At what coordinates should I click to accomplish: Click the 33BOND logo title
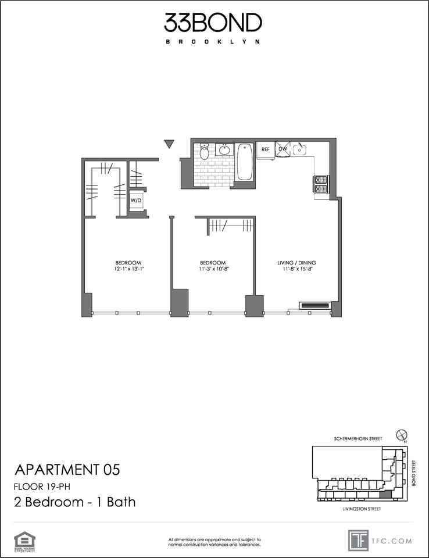click(213, 23)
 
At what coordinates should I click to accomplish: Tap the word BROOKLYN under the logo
click(213, 42)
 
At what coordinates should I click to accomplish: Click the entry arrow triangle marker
click(170, 144)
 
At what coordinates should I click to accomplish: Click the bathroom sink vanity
click(224, 151)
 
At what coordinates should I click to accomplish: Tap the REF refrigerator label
click(265, 149)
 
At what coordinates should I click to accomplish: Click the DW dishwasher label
click(283, 149)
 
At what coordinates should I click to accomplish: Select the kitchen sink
click(300, 149)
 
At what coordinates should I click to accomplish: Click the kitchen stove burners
click(321, 184)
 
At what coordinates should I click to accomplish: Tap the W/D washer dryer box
click(136, 201)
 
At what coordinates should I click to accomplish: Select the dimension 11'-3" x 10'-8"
click(212, 269)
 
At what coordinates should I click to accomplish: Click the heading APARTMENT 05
click(67, 470)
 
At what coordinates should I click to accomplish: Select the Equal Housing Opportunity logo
click(23, 539)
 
